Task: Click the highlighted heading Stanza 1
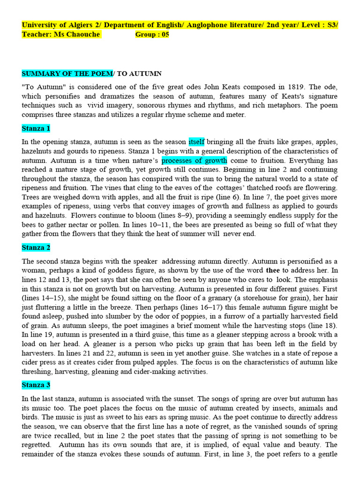[x=36, y=128]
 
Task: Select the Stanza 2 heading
[x=36, y=247]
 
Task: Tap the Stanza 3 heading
[x=36, y=385]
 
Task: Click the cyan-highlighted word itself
[x=196, y=142]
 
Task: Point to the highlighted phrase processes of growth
[x=195, y=160]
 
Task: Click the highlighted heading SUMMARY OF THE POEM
[x=67, y=74]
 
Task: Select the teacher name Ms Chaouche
[x=76, y=34]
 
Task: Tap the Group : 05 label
[x=152, y=34]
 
